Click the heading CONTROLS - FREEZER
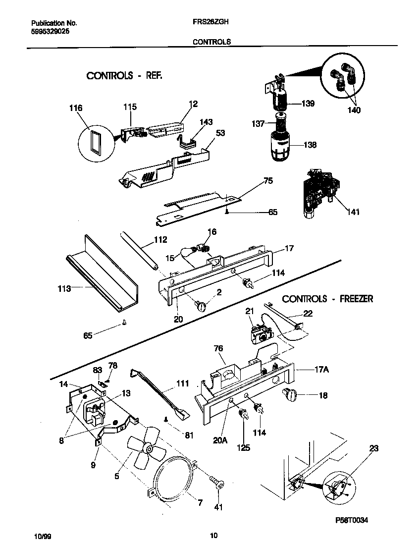click(327, 299)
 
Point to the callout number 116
click(76, 108)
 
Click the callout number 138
click(310, 145)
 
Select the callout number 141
click(353, 212)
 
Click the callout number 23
click(373, 449)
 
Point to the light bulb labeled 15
click(188, 253)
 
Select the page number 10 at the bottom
click(213, 535)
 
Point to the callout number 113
click(64, 288)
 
